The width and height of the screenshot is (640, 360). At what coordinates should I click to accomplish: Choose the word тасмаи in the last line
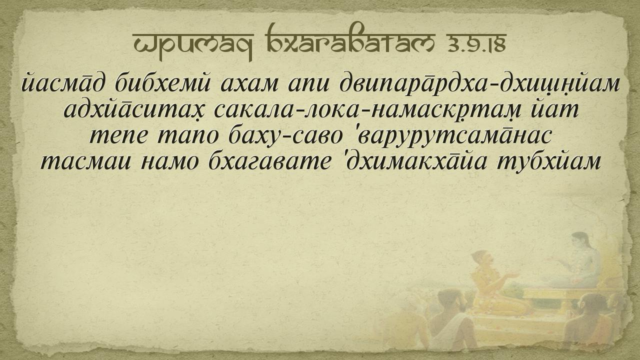point(86,162)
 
